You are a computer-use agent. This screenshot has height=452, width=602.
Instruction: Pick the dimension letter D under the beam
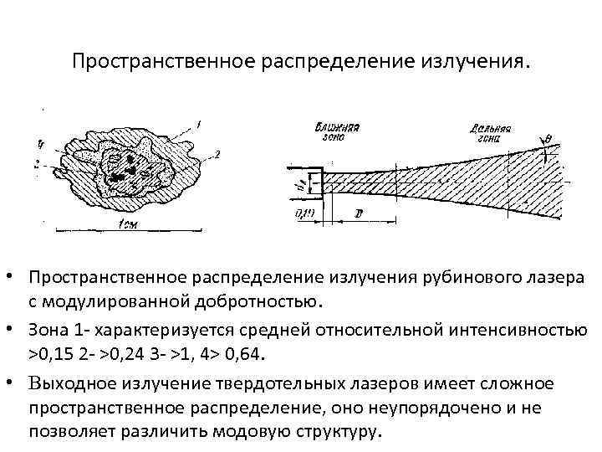[x=358, y=214]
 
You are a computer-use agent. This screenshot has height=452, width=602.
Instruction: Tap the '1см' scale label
[x=130, y=223]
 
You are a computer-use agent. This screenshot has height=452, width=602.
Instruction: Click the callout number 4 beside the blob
[x=41, y=141]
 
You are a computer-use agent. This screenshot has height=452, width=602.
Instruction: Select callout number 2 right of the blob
[x=217, y=155]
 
